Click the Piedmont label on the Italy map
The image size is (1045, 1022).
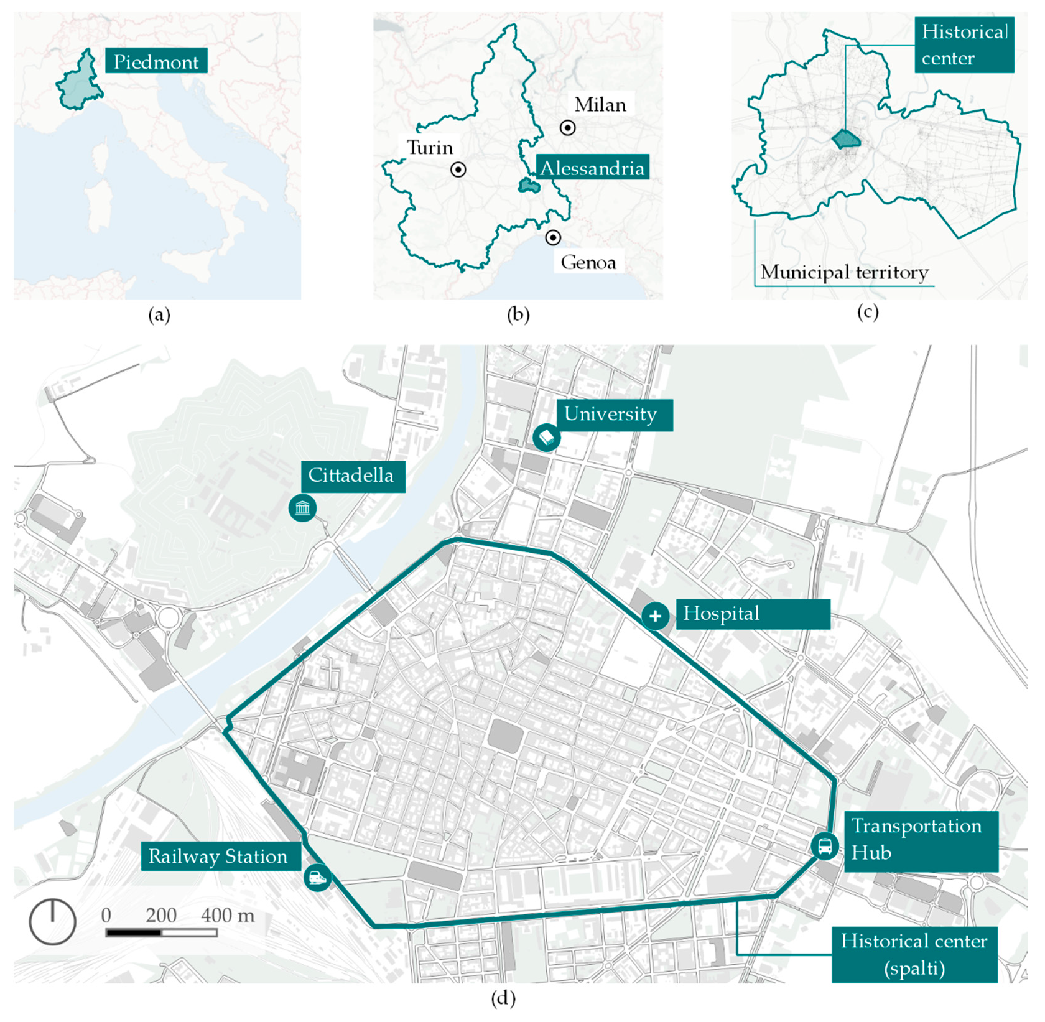(x=156, y=62)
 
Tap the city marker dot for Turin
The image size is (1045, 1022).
(x=458, y=170)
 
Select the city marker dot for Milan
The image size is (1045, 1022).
(x=568, y=128)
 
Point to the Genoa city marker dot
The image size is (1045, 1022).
(x=553, y=237)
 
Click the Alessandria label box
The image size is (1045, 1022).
(x=592, y=168)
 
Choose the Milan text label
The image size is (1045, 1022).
(x=600, y=105)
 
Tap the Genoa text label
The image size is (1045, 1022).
(x=588, y=262)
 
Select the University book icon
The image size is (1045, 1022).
(x=546, y=438)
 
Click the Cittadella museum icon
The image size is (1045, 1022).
(x=302, y=508)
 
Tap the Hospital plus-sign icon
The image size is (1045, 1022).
(x=655, y=615)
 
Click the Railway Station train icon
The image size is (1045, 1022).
(x=317, y=877)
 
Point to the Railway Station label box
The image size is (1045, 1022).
(x=218, y=856)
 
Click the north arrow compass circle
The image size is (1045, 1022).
(x=52, y=922)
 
